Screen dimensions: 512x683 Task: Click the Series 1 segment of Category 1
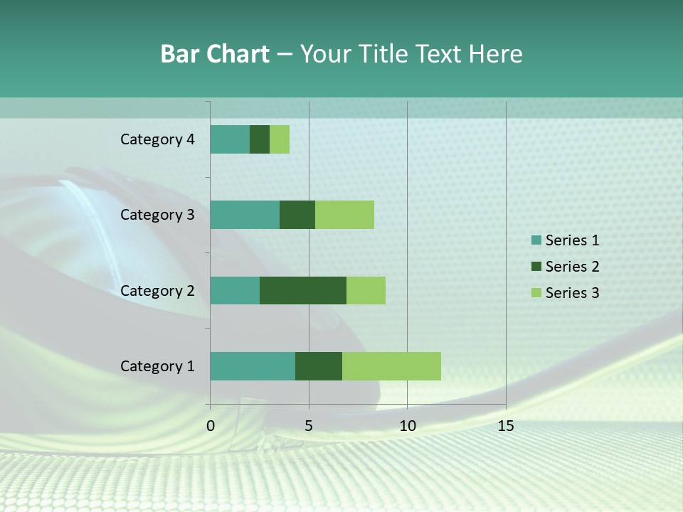click(x=253, y=366)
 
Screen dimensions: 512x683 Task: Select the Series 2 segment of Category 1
click(x=319, y=366)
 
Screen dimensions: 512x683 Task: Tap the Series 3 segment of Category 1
click(x=391, y=366)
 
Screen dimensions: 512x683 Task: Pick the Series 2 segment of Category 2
click(x=303, y=290)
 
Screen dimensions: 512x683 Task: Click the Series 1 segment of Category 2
click(x=235, y=290)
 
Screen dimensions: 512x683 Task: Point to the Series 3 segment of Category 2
click(x=366, y=290)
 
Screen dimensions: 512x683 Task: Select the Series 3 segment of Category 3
click(x=344, y=215)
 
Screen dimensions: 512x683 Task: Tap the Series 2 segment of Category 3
click(x=297, y=215)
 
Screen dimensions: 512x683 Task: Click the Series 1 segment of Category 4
click(x=230, y=139)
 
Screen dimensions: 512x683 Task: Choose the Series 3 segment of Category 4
click(x=280, y=139)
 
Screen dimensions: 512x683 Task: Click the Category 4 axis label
click(x=157, y=139)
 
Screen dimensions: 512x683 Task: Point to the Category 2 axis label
click(x=157, y=290)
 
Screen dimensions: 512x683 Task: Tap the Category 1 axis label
click(x=157, y=366)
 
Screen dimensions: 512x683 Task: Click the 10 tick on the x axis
click(x=407, y=426)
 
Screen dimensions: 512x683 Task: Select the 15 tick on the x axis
click(x=506, y=426)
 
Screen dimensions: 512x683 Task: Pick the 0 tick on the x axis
click(x=211, y=426)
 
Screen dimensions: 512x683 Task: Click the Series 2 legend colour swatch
click(x=536, y=267)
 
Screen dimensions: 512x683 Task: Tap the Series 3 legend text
click(x=572, y=292)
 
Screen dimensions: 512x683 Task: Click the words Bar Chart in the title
click(x=215, y=54)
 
